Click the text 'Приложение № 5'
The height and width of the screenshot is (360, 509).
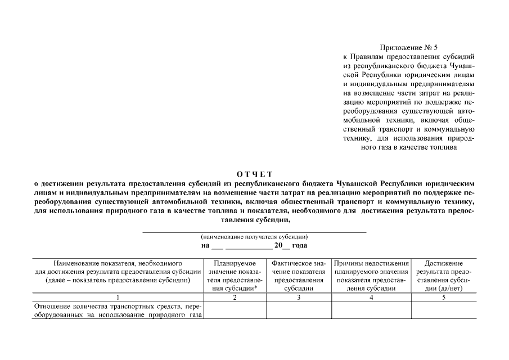pos(403,48)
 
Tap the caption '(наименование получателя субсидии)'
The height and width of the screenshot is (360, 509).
pos(254,237)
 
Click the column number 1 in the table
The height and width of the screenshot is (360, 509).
pos(118,298)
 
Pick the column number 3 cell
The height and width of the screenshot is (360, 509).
pos(299,298)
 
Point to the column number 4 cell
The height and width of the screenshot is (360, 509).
pos(371,298)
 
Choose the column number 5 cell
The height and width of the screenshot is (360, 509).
pos(444,298)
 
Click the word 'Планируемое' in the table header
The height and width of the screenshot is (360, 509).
pos(235,263)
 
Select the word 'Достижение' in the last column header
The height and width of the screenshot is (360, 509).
pos(444,263)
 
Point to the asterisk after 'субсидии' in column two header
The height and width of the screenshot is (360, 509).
pos(256,287)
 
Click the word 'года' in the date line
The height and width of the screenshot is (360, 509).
pos(300,246)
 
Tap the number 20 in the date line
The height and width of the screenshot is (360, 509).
pos(278,246)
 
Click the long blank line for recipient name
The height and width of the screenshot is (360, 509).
pos(254,231)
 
